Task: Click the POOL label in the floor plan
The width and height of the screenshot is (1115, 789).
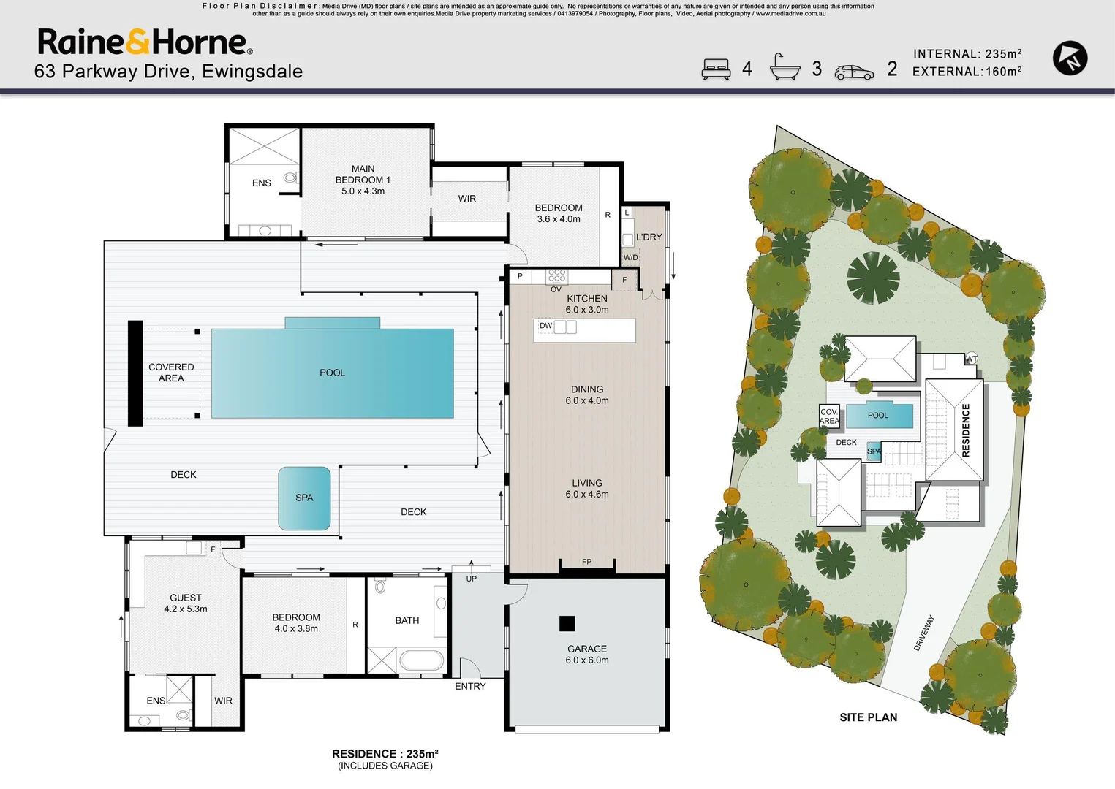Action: pyautogui.click(x=332, y=373)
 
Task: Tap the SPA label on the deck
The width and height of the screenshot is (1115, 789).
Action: pyautogui.click(x=304, y=498)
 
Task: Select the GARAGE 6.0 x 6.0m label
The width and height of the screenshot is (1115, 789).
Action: pyautogui.click(x=586, y=654)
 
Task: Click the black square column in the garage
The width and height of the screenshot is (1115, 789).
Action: pyautogui.click(x=567, y=623)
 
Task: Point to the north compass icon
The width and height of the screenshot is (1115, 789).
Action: pyautogui.click(x=1070, y=58)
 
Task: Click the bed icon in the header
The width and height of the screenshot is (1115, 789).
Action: pyautogui.click(x=716, y=69)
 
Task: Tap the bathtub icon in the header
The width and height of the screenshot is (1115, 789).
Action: pyautogui.click(x=785, y=67)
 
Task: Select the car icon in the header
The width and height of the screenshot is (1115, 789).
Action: pyautogui.click(x=854, y=72)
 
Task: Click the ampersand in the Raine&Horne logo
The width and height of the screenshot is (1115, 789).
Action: pyautogui.click(x=138, y=42)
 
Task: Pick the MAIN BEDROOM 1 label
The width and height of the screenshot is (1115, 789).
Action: pyautogui.click(x=363, y=180)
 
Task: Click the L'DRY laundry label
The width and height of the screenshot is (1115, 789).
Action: pyautogui.click(x=649, y=237)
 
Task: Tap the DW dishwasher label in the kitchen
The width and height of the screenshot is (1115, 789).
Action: pyautogui.click(x=545, y=326)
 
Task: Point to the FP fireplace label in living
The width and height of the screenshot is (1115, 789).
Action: pyautogui.click(x=586, y=562)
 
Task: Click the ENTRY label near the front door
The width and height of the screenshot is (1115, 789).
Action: pyautogui.click(x=469, y=686)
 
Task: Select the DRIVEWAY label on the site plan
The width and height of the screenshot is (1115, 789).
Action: pyautogui.click(x=924, y=633)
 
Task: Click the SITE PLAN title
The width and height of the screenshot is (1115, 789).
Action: pyautogui.click(x=868, y=717)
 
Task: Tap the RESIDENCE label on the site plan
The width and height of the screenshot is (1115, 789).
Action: pyautogui.click(x=965, y=430)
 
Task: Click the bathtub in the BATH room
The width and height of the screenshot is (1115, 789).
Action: pyautogui.click(x=422, y=660)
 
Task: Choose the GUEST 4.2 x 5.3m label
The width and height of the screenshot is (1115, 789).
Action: pyautogui.click(x=186, y=603)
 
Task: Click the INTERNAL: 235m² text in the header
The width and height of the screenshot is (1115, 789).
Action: pyautogui.click(x=967, y=54)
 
